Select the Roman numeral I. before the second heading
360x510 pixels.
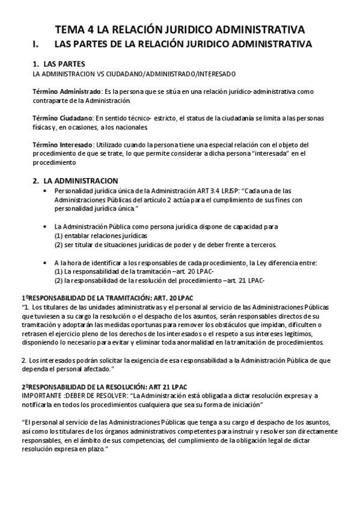[x=36, y=44]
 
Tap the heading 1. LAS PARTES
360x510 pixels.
[x=58, y=64]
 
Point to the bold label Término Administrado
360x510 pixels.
[x=67, y=91]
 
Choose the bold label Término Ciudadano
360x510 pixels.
[x=63, y=118]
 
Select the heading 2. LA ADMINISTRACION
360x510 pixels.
[x=75, y=180]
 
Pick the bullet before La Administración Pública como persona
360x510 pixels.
[x=46, y=227]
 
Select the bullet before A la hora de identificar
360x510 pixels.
[x=46, y=263]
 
